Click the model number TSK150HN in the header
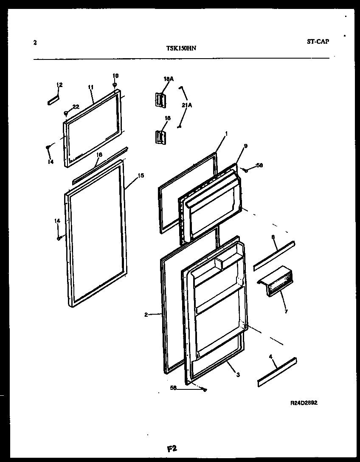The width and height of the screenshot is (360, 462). coord(180,48)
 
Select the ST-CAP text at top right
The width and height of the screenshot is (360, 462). coord(318,42)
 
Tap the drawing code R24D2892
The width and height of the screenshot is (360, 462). coord(304,404)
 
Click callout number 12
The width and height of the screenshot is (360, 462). coord(59,85)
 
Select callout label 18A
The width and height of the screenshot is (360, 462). coord(169,79)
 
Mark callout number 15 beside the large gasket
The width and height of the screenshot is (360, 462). coord(141,175)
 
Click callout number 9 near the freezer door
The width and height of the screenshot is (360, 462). coord(245,146)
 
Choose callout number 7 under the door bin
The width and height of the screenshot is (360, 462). coord(286,311)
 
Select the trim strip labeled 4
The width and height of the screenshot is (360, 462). coord(277,372)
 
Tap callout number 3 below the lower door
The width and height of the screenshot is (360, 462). coord(238,375)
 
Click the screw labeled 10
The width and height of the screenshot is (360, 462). coord(115,85)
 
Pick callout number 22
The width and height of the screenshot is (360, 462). coord(76,107)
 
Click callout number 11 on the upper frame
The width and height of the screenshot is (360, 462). coord(90,87)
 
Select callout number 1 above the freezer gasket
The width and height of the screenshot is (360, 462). coord(226,133)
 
